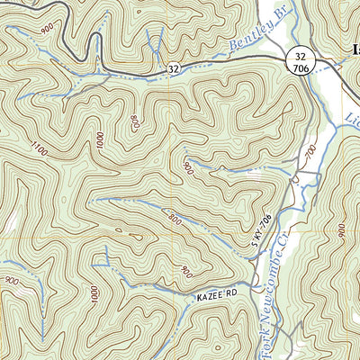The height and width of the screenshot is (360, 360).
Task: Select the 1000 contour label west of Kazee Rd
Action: point(94,295)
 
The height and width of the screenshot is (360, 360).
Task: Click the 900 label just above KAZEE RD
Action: point(185,271)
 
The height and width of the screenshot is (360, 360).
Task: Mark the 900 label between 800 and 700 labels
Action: point(187,166)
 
